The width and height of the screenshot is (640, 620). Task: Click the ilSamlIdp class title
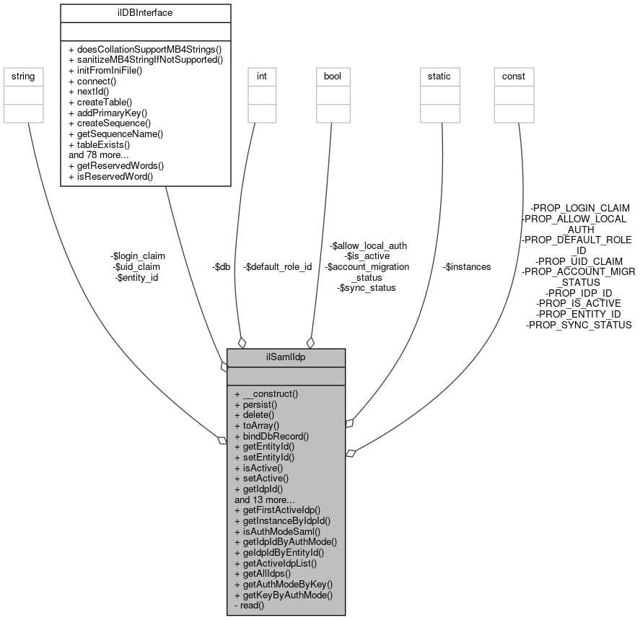(x=286, y=357)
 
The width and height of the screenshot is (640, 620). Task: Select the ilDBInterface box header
(x=145, y=12)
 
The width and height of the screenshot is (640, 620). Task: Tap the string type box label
(x=24, y=76)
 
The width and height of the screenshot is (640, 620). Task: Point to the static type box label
(x=439, y=76)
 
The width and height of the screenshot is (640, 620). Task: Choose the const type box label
(x=514, y=76)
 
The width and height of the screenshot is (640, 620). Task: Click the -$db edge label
(x=222, y=266)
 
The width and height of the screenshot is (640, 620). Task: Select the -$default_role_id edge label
(x=278, y=266)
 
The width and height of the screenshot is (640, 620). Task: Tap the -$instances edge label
(x=466, y=266)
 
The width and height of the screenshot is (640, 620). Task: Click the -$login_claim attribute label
(x=138, y=256)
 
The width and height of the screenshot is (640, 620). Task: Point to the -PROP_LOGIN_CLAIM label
(x=579, y=207)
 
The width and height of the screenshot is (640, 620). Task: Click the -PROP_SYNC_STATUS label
(x=579, y=326)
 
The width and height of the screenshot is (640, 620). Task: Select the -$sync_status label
(x=367, y=287)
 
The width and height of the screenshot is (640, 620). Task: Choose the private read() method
(x=250, y=605)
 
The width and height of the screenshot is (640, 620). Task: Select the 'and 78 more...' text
(x=99, y=154)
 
